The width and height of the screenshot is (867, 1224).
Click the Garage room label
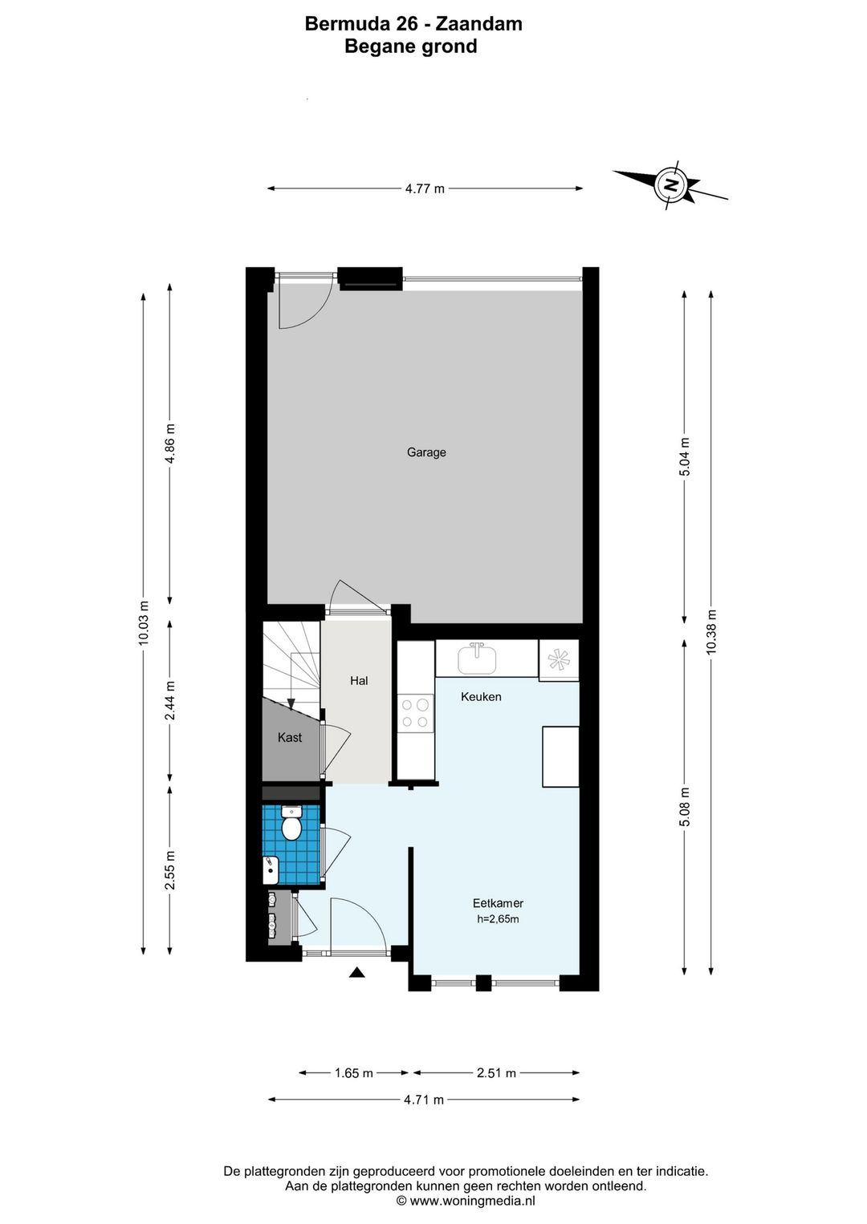(x=426, y=452)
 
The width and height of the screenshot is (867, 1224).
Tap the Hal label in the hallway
(x=359, y=680)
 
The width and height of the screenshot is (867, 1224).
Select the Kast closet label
(x=289, y=737)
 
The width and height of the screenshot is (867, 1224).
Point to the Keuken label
(x=481, y=697)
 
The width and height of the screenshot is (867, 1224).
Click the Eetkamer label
(x=498, y=903)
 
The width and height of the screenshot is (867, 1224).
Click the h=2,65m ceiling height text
(x=498, y=919)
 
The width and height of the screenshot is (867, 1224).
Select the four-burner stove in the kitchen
(x=414, y=713)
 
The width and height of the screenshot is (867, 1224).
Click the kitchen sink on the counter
(x=477, y=659)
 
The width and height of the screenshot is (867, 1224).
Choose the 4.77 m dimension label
(x=425, y=189)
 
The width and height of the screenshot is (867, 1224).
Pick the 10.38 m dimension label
(x=710, y=632)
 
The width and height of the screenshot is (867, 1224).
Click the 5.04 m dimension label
(x=684, y=457)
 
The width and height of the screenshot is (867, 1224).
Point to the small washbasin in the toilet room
(x=271, y=870)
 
